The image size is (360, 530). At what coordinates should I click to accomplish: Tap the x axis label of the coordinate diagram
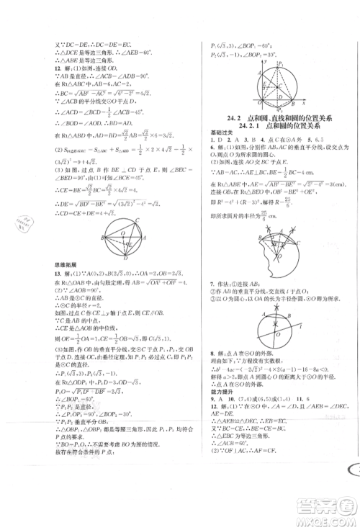(x=296, y=87)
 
